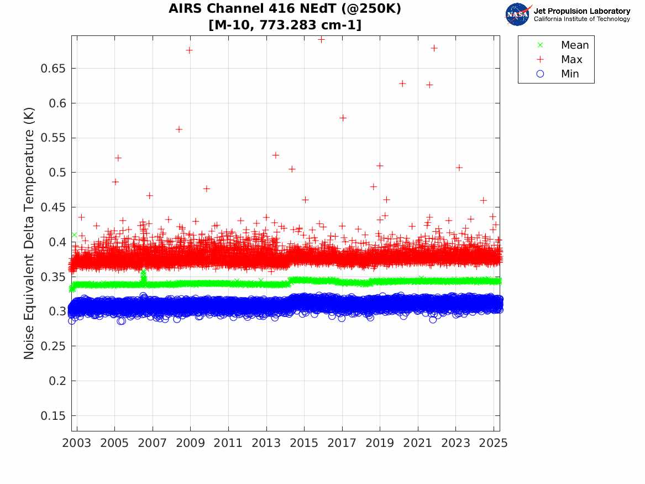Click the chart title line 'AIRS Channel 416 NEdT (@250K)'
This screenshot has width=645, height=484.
[x=285, y=9]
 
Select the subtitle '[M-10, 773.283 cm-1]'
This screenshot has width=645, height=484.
[x=285, y=25]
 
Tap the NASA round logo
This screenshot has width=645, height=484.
[x=517, y=14]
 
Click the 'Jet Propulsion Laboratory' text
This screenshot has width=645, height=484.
[x=581, y=11]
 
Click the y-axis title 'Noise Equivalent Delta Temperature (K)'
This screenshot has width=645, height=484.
[x=29, y=233]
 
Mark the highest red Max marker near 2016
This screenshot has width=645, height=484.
[x=321, y=39]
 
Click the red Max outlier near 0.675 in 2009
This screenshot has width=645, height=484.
[x=189, y=50]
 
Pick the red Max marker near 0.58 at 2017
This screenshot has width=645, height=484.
[x=343, y=118]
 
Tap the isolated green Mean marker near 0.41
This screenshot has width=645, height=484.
[x=74, y=235]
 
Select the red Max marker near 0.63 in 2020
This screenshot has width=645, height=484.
[x=402, y=84]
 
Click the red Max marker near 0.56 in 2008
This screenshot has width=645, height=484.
[x=179, y=129]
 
